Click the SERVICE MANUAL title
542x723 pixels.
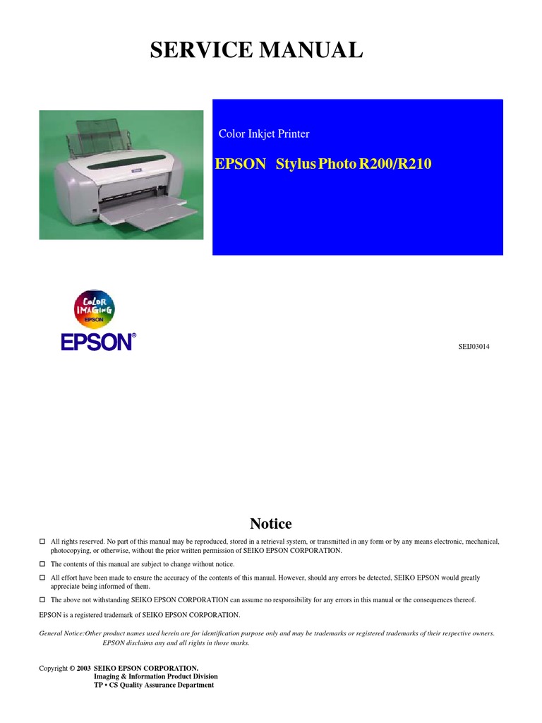(256, 51)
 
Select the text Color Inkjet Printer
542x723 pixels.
(264, 134)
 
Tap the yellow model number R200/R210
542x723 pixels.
(396, 165)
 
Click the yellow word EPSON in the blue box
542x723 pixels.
(240, 165)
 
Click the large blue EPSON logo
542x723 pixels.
(97, 342)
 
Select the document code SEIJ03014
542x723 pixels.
(474, 346)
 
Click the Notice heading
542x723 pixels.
(271, 524)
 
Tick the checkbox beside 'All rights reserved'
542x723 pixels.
(42, 542)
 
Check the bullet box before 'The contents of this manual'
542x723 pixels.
(42, 564)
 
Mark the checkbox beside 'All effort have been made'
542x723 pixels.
(42, 578)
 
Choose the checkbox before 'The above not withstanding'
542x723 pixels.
(42, 599)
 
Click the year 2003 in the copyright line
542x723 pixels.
(84, 667)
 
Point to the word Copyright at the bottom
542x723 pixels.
(52, 667)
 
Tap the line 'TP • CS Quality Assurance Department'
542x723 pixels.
(154, 685)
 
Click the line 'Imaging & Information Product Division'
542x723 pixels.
(156, 676)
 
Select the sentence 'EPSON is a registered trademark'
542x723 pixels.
(140, 615)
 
